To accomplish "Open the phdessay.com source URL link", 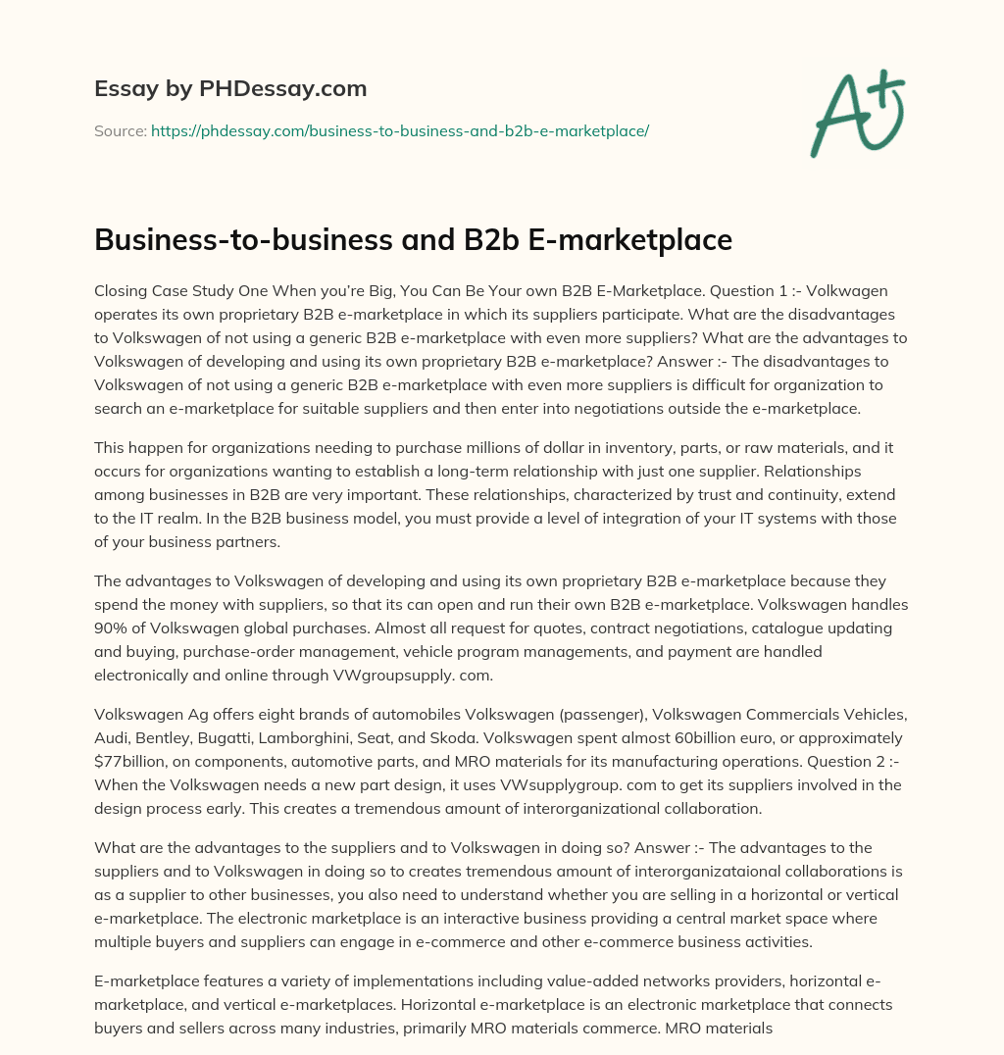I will tap(400, 130).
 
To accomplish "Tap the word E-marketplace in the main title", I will tap(631, 240).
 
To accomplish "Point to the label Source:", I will tap(120, 130).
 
